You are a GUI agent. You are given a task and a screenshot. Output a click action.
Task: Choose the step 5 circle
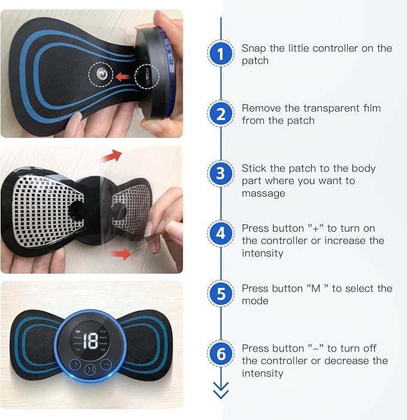tap(221, 295)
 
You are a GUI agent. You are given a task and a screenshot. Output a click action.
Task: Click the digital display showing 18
tap(91, 341)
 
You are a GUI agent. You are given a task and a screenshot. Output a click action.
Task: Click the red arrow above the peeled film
tap(111, 157)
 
